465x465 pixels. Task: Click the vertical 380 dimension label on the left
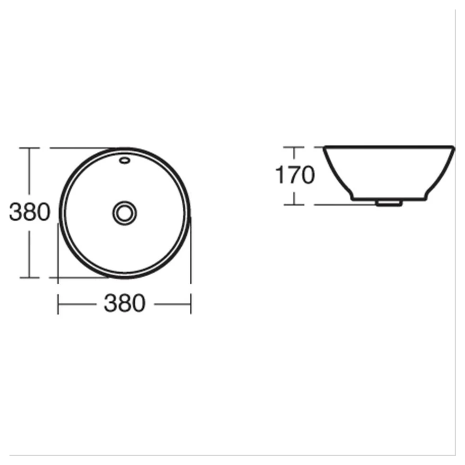tap(29, 213)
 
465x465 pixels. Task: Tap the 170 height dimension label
tap(295, 176)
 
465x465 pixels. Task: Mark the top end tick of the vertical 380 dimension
tap(29, 148)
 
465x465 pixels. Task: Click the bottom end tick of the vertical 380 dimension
tap(29, 278)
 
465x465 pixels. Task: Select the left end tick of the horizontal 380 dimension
tap(58, 303)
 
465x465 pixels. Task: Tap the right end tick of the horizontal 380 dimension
tap(191, 303)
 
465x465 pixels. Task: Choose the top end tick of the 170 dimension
tap(295, 147)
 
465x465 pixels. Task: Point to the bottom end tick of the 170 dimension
tap(295, 205)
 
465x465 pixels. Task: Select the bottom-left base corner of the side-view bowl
tap(353, 198)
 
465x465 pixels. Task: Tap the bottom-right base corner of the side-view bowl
tap(426, 198)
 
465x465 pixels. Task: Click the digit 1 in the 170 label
tap(280, 176)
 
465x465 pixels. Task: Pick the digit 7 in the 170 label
tap(293, 176)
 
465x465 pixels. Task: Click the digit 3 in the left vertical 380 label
tap(16, 213)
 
